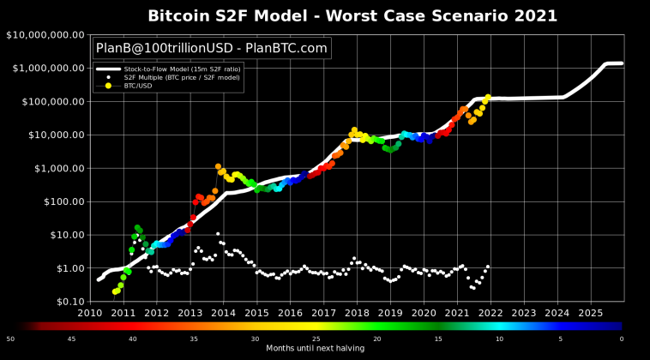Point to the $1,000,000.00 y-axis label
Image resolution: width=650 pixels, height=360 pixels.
[x=46, y=68]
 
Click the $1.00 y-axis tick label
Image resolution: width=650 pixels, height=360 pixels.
[x=65, y=268]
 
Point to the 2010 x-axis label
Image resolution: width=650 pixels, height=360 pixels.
[x=90, y=313]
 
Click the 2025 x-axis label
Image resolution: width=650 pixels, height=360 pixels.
[x=591, y=313]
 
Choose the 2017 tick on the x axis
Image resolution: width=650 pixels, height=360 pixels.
[x=323, y=313]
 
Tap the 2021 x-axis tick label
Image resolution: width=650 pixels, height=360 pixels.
[x=457, y=313]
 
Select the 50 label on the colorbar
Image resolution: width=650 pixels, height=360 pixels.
[x=9, y=339]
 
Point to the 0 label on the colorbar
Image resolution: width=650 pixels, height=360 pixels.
[x=622, y=339]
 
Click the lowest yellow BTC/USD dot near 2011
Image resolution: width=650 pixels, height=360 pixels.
[x=115, y=291]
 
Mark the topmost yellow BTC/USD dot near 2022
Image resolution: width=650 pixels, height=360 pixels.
[x=488, y=98]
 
